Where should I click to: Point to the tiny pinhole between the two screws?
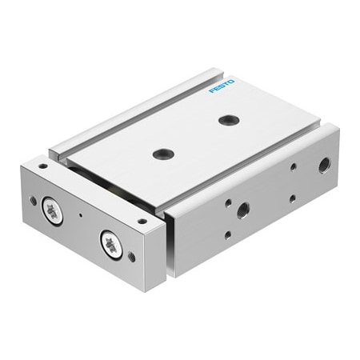[81, 217]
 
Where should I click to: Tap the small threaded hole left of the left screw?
[34, 200]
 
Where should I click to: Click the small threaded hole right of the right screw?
[131, 257]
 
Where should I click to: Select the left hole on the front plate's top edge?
[42, 167]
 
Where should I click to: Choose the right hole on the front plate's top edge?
[142, 222]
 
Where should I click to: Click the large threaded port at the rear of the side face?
[324, 166]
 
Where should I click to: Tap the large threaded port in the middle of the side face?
[242, 209]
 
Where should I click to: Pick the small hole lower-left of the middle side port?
[228, 234]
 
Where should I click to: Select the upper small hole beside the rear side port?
[293, 167]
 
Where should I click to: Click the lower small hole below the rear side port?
[292, 197]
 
